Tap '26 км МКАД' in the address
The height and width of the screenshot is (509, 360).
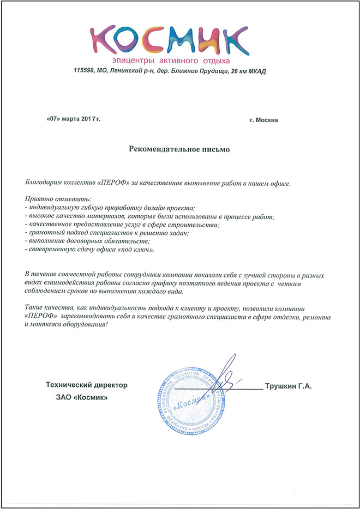tap(246, 71)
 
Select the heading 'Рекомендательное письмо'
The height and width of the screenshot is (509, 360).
tap(179, 148)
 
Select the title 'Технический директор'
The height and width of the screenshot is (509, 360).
tap(87, 385)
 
